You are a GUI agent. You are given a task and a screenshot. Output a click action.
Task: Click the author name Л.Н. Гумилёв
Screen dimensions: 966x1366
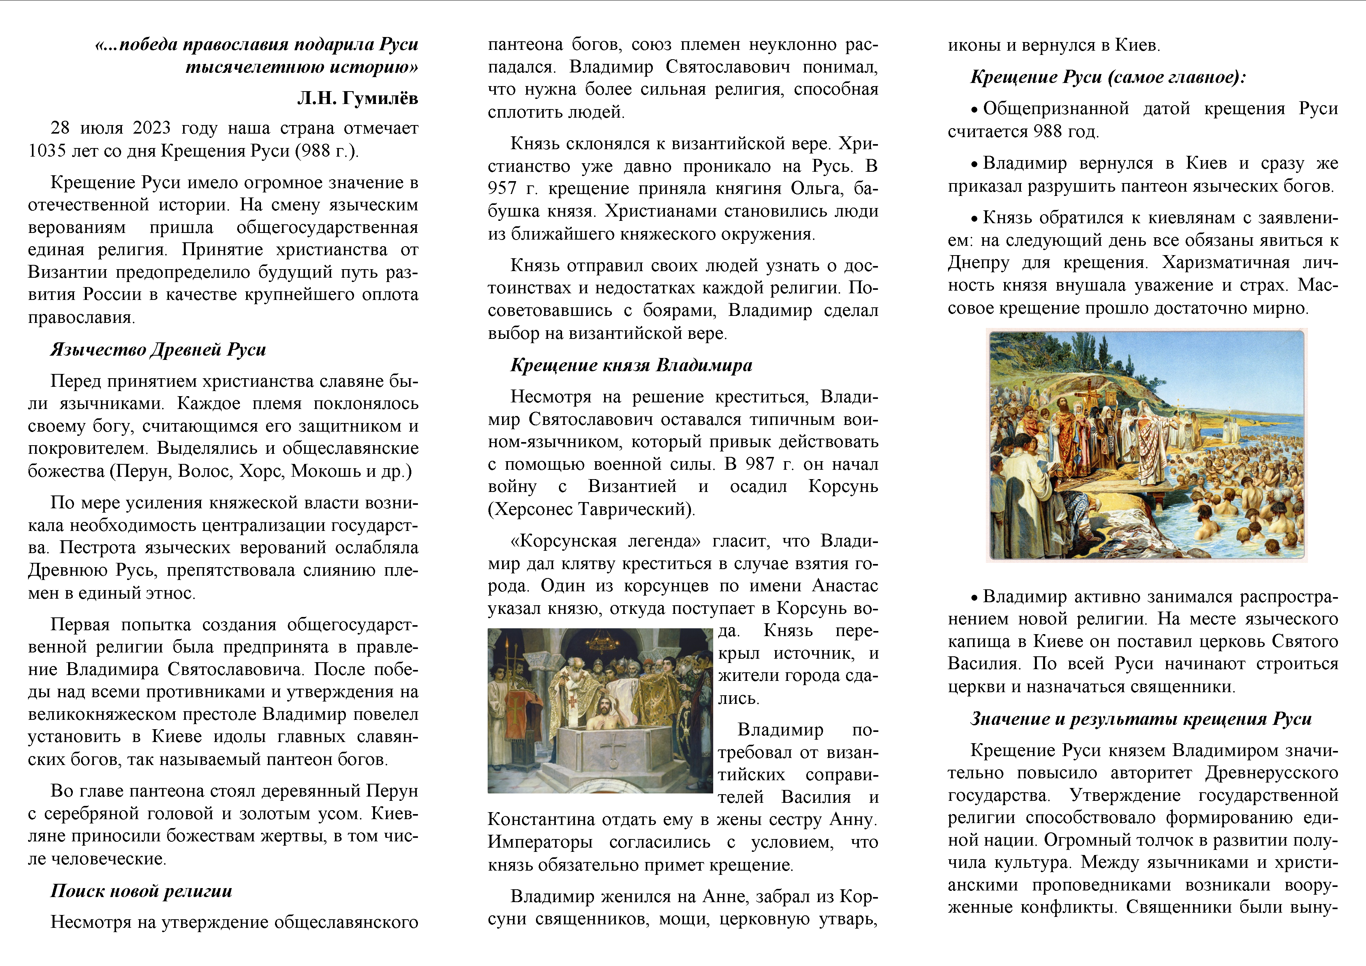click(x=358, y=98)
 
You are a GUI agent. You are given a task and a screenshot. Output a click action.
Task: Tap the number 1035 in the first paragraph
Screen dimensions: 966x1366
click(x=47, y=150)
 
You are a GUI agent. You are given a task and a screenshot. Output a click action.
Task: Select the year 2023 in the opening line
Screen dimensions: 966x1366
click(x=152, y=128)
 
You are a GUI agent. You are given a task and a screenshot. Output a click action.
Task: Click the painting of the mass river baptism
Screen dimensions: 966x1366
click(x=1146, y=445)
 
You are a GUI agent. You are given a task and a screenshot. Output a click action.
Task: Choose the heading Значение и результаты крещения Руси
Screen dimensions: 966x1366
click(x=1140, y=719)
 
